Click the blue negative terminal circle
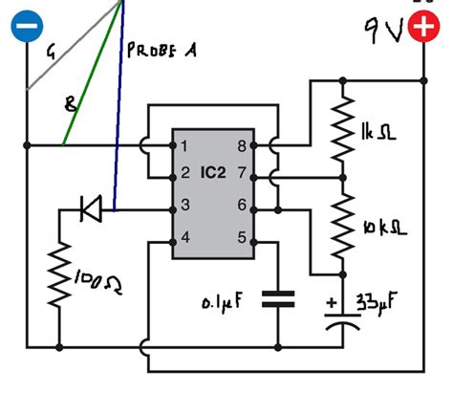point(26,25)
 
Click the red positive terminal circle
point(421,29)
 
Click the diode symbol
point(91,206)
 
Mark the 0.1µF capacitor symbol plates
point(279,298)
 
